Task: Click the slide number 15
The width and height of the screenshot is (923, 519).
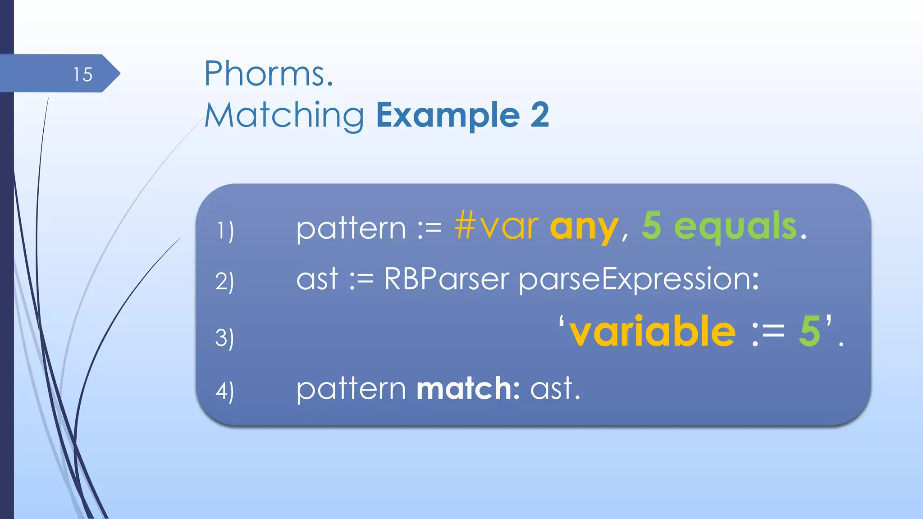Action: point(83,74)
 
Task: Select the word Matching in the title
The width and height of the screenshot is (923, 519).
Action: point(284,116)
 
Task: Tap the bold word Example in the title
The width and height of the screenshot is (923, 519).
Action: point(448,115)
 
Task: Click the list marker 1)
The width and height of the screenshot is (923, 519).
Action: point(225,231)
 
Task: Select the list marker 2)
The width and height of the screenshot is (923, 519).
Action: point(224,282)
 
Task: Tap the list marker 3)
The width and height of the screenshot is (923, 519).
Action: point(224,338)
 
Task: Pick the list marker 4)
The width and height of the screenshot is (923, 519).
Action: point(224,391)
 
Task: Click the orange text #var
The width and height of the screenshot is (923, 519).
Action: point(496,226)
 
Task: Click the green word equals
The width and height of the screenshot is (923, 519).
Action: point(736,227)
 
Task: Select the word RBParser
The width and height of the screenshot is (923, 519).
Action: point(446,279)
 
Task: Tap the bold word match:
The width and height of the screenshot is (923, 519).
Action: point(468,388)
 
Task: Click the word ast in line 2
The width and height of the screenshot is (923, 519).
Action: point(317,279)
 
